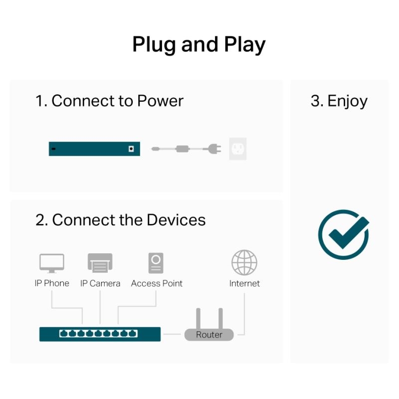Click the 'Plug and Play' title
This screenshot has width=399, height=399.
pos(199,45)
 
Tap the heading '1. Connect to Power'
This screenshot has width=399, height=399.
pos(109,101)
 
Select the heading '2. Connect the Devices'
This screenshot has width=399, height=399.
pos(121,220)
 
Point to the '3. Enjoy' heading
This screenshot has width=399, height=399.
pos(339,101)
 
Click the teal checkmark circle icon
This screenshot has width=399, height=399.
pos(344,234)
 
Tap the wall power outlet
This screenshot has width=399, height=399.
pos(238,149)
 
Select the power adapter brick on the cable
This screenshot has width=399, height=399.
pos(183,149)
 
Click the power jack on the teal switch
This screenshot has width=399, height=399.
pos(131,149)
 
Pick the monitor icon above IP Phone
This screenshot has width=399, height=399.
pos(52,263)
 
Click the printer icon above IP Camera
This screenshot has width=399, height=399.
pos(100,263)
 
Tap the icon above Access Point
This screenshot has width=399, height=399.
pos(156,263)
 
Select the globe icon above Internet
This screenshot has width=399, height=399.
pos(244,263)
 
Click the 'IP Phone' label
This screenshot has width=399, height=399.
pos(52,283)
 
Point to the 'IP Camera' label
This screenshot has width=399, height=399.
pos(100,283)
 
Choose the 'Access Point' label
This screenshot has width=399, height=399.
pos(157,283)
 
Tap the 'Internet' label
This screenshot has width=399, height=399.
pos(244,283)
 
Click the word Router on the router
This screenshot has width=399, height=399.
pos(209,335)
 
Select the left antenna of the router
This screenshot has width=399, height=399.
pos(198,319)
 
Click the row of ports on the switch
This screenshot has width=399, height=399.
pos(98,334)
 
